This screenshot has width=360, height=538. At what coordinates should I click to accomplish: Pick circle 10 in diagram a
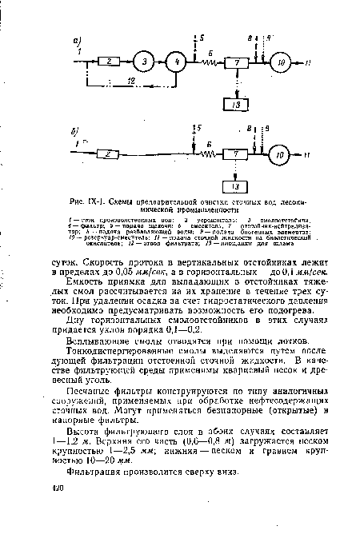tap(281, 62)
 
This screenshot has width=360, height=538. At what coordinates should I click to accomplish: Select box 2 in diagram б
tap(111, 153)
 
